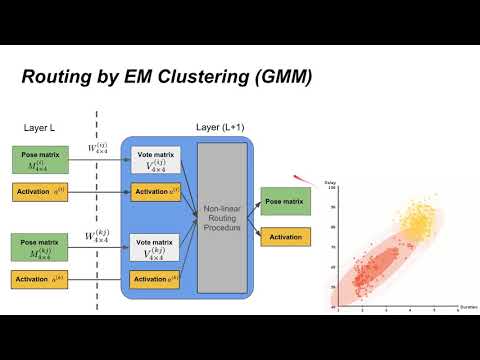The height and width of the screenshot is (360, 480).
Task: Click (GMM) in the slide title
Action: point(281,75)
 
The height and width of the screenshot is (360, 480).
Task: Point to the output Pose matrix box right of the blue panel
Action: point(284,201)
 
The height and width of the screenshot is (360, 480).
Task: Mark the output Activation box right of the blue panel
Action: point(284,237)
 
